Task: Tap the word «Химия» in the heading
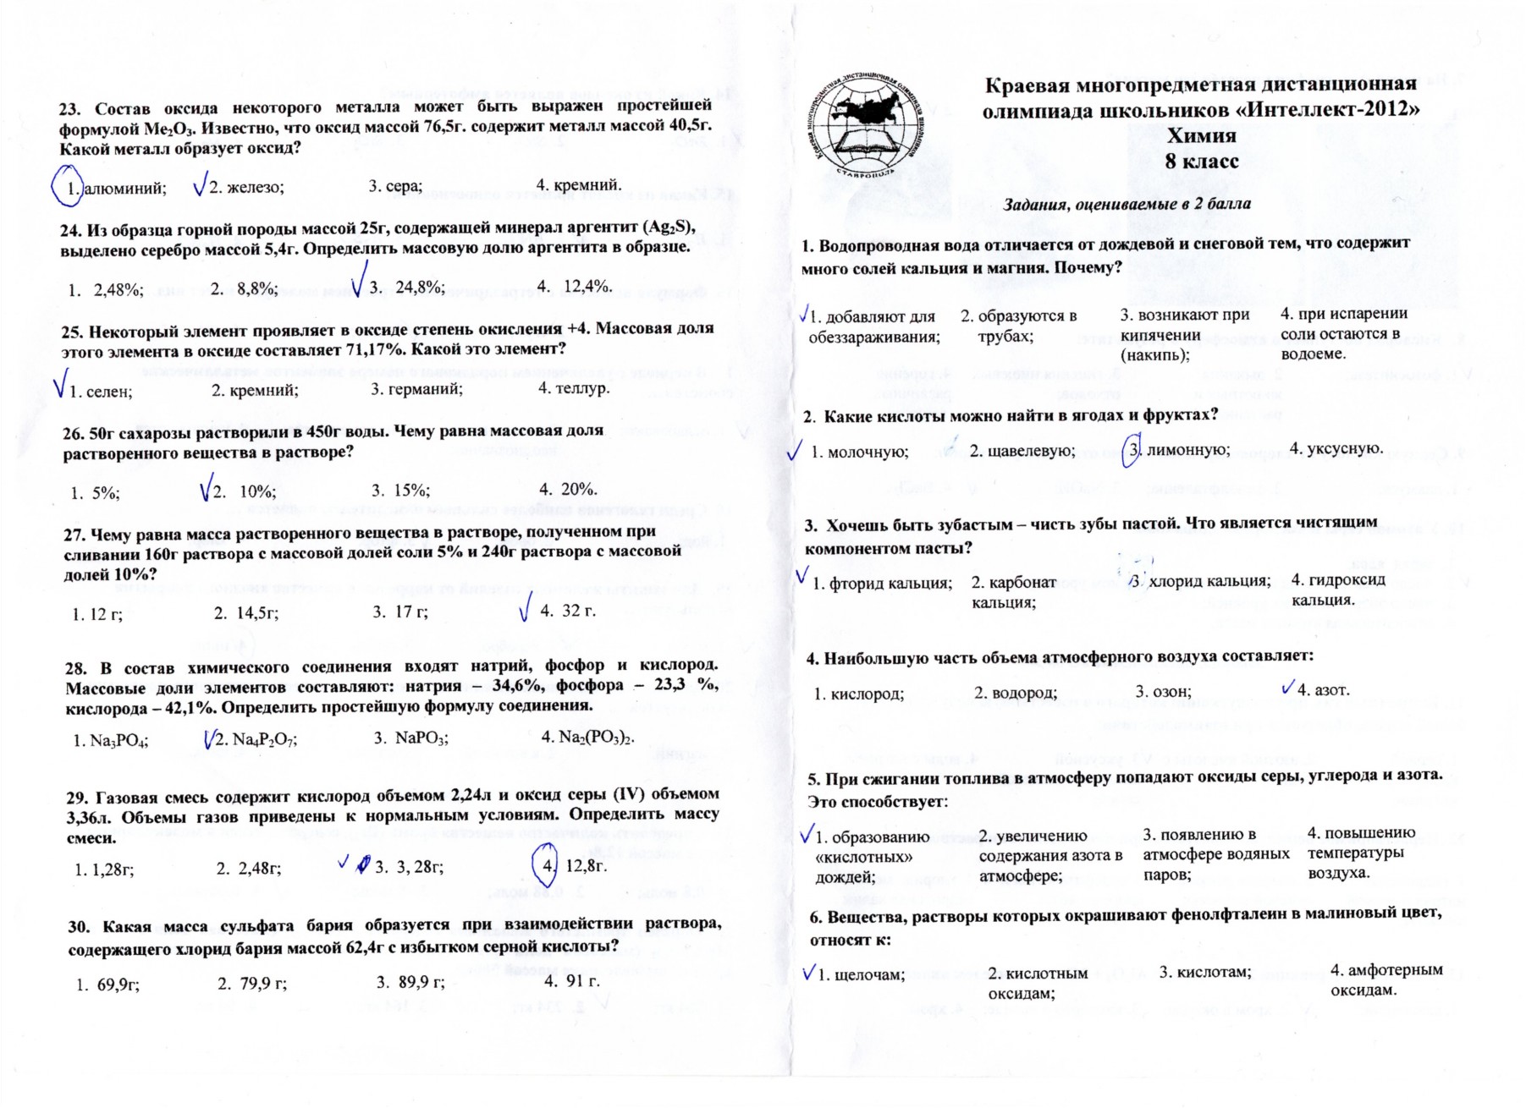[1201, 136]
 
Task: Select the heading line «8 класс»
[1201, 161]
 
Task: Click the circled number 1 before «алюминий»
[69, 188]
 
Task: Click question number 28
[77, 667]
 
